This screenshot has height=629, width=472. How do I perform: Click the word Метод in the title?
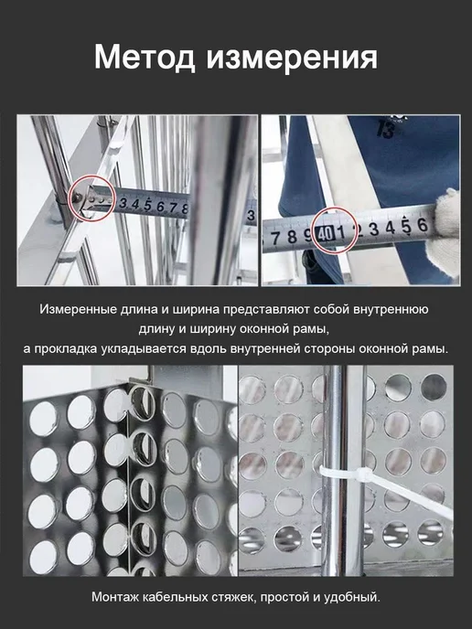point(145,57)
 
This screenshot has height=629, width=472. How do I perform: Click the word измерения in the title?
point(292,57)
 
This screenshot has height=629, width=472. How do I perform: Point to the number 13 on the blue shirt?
point(386,130)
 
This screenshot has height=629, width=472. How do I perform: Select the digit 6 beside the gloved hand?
point(423,226)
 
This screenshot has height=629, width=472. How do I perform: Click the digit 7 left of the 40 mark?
point(275,238)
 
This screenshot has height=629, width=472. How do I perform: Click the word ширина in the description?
point(196,310)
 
